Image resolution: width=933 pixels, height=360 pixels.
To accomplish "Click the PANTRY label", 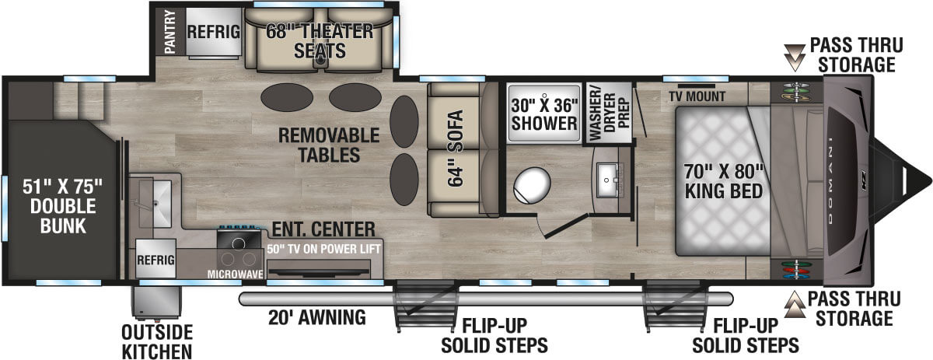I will click(170, 32).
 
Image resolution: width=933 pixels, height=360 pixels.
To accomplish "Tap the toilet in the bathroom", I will click(533, 185).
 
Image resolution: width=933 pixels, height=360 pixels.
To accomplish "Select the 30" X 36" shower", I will click(544, 113).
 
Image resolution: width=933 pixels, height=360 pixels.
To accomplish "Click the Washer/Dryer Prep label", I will click(609, 113).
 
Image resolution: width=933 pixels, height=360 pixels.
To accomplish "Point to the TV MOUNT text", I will click(697, 97).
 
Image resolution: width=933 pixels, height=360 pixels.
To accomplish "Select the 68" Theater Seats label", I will click(319, 41).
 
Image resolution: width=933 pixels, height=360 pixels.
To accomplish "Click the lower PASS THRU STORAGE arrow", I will click(794, 307).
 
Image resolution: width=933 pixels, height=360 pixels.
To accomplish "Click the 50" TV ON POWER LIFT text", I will click(320, 250).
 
